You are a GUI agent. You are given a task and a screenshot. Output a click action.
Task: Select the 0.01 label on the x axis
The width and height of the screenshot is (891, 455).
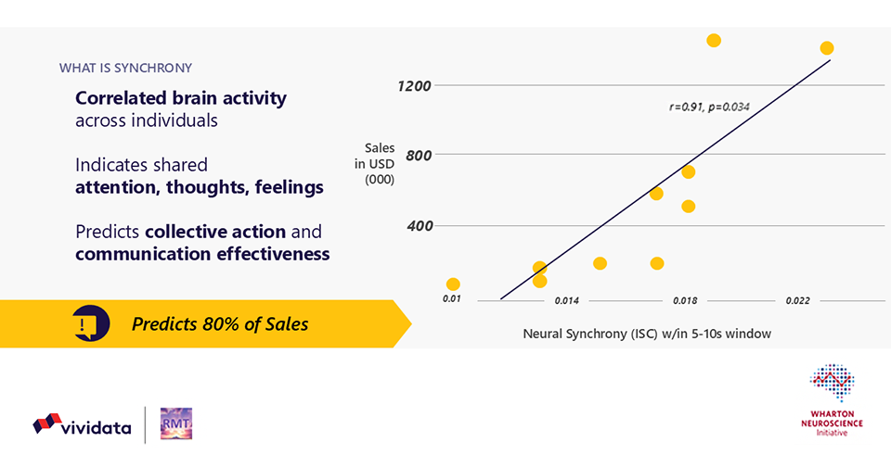point(452,299)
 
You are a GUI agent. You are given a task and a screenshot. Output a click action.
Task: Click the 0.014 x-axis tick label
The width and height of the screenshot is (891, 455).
point(567,300)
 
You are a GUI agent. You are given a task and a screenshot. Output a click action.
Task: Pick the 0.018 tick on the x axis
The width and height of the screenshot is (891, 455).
point(685,300)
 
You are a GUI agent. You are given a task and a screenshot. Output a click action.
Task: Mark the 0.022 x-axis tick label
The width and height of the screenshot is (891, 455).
point(797,300)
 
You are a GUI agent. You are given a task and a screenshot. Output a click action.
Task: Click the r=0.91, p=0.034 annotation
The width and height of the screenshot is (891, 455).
point(709,107)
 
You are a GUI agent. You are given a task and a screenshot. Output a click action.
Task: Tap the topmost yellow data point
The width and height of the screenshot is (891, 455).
point(714,40)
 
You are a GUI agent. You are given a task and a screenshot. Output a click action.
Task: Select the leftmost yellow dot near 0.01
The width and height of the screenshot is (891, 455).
point(453,284)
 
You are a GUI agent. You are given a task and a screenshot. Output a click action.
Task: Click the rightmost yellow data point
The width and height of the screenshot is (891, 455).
point(827,48)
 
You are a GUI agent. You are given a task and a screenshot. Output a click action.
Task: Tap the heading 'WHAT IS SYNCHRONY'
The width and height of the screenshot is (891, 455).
point(125,69)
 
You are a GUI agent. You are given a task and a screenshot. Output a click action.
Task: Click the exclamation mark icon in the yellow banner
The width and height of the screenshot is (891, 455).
point(87,324)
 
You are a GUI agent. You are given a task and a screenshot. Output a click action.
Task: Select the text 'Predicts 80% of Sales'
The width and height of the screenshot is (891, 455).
point(220,324)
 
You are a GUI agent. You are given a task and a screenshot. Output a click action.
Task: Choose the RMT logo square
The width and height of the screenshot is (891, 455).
point(175,423)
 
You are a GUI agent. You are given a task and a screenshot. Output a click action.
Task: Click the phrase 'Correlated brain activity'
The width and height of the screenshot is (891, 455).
point(181,98)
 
